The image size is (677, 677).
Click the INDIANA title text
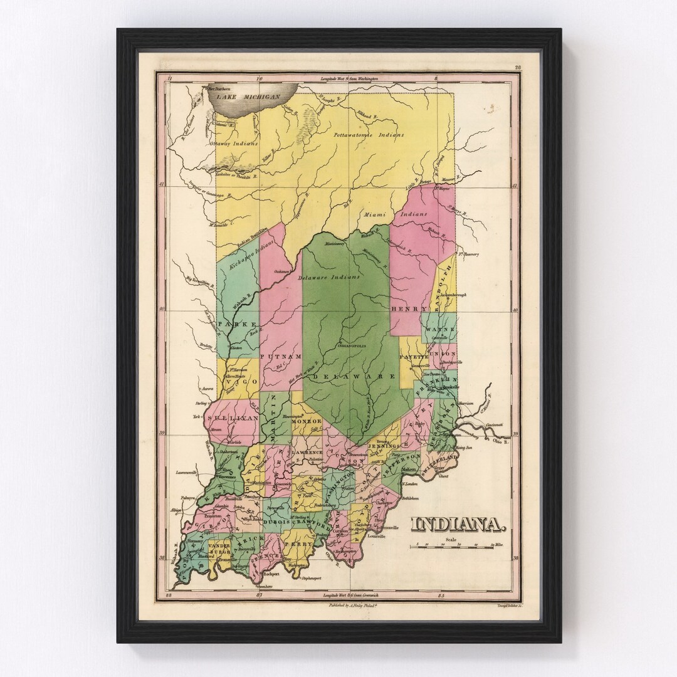pos(458,524)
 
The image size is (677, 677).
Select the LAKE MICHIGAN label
pos(245,98)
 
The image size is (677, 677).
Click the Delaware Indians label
pos(329,276)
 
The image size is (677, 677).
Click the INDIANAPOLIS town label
pos(352,345)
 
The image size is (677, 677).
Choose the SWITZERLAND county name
pos(439,468)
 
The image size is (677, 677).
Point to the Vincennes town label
pos(225,476)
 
